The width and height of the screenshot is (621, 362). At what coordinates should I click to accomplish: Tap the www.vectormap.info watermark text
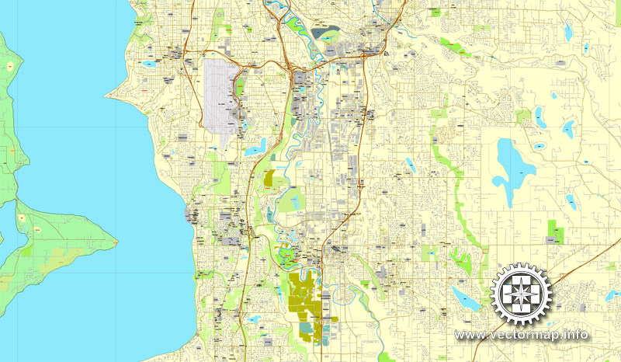522,335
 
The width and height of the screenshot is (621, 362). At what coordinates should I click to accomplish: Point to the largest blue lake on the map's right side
509,166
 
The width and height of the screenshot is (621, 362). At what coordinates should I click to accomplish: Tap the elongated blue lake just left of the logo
463,298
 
